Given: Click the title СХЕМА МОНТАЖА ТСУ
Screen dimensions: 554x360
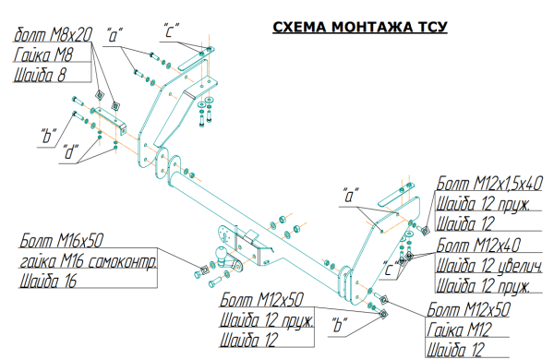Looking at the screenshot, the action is (360, 27).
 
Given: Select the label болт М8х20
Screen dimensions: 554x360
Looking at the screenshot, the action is (53, 35).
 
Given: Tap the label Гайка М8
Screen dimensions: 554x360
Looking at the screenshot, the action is (43, 54).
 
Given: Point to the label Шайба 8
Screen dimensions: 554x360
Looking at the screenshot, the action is (40, 75).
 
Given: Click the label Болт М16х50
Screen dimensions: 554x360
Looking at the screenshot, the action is (62, 241).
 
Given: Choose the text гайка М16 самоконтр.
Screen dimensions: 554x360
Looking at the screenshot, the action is (88, 261).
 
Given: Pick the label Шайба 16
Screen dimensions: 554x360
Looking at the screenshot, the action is (48, 282).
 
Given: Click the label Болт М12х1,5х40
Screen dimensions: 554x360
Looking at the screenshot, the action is (489, 184).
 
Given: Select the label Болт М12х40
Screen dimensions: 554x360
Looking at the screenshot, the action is (478, 245).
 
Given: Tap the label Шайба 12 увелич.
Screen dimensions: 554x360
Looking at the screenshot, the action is (489, 265).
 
